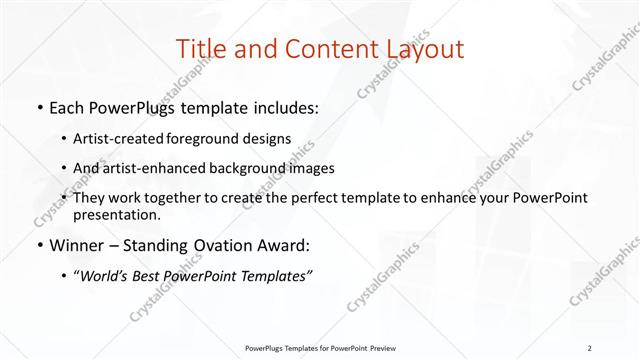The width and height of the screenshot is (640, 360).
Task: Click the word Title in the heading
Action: (198, 49)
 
